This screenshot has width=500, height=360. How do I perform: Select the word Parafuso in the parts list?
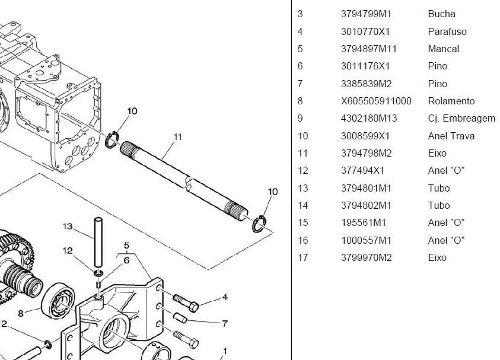click(x=447, y=31)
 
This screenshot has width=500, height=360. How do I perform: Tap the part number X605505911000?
click(x=376, y=101)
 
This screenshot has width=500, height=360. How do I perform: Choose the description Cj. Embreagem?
click(x=461, y=118)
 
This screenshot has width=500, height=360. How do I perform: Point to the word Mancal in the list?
click(x=443, y=49)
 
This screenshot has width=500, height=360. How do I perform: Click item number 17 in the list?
click(x=302, y=257)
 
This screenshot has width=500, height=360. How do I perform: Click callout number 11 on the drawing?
click(x=177, y=137)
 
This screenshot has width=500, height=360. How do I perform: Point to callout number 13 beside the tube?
click(x=68, y=226)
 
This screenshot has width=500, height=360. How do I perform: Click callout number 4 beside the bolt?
click(x=225, y=297)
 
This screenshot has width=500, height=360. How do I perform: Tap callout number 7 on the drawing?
click(x=225, y=324)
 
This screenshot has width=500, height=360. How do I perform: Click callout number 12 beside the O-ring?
click(x=68, y=251)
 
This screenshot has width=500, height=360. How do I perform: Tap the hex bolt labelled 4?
click(x=187, y=301)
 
